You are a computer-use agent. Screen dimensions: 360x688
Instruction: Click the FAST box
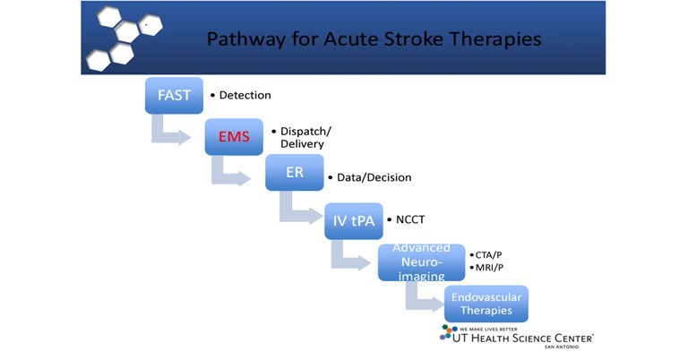click(x=174, y=95)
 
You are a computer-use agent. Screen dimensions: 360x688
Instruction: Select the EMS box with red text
click(x=234, y=136)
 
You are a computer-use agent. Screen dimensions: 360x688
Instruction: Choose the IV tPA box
click(x=354, y=220)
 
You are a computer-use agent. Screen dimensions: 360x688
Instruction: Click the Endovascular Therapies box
click(x=486, y=304)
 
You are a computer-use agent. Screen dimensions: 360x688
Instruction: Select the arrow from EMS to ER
click(x=229, y=171)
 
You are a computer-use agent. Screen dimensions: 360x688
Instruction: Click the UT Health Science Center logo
click(x=517, y=335)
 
